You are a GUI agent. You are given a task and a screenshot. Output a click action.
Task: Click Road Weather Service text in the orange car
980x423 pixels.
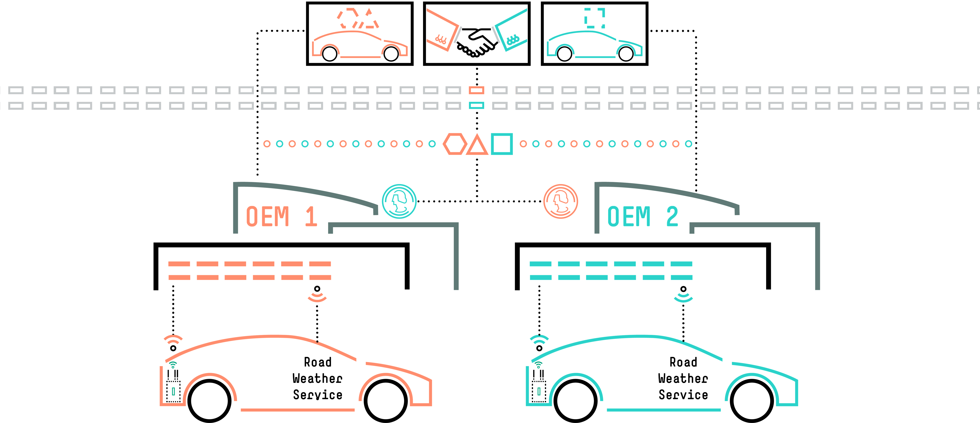(x=318, y=378)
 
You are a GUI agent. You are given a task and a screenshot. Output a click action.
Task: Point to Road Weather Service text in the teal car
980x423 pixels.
(x=683, y=378)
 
